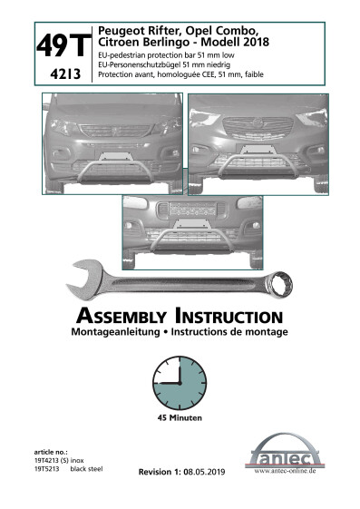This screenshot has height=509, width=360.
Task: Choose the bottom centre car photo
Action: click(x=181, y=230)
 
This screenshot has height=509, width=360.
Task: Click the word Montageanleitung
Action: click(x=115, y=333)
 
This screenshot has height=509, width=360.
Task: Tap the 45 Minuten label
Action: click(x=180, y=419)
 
